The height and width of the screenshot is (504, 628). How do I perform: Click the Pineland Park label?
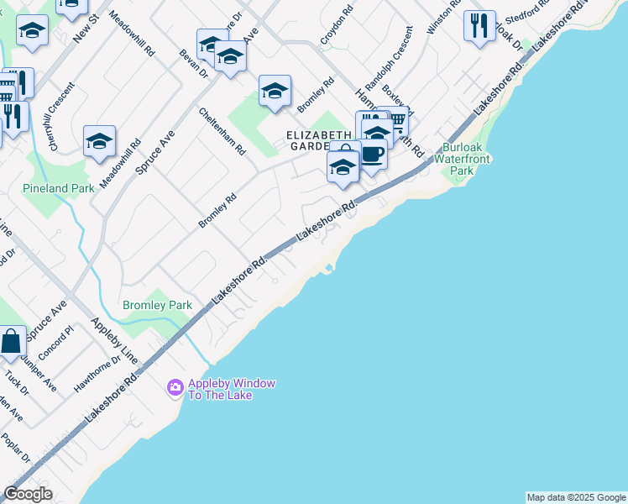[59, 188]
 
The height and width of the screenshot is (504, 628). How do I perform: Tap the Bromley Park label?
[157, 305]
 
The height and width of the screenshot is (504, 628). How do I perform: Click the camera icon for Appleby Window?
[175, 387]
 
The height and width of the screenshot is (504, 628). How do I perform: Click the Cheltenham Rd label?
[222, 131]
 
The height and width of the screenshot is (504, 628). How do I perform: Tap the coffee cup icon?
[372, 154]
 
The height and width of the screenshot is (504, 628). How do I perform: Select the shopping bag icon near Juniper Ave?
[12, 341]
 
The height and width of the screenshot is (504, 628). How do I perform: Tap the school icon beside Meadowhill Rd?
[99, 141]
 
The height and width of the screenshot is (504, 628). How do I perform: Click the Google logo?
[28, 494]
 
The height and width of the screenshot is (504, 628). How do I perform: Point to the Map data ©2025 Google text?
[576, 497]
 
